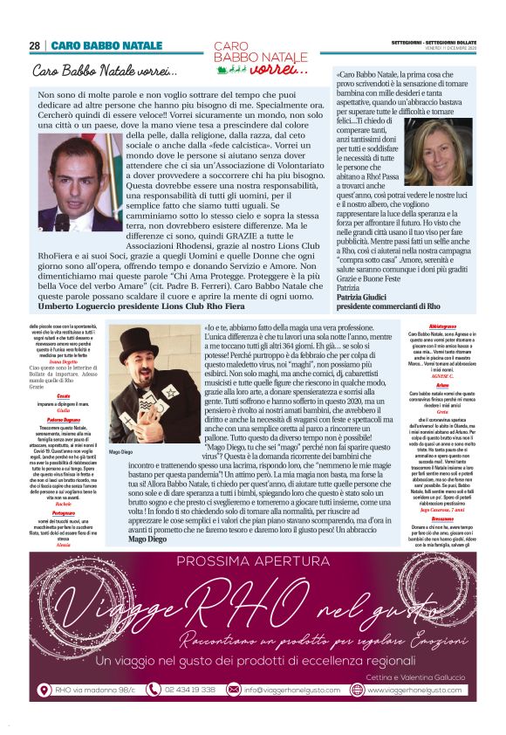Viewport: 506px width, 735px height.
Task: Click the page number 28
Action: (x=35, y=45)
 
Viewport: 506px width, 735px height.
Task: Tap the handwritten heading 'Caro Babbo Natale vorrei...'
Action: (x=105, y=70)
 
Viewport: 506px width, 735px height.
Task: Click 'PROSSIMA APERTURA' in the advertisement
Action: (x=253, y=560)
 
